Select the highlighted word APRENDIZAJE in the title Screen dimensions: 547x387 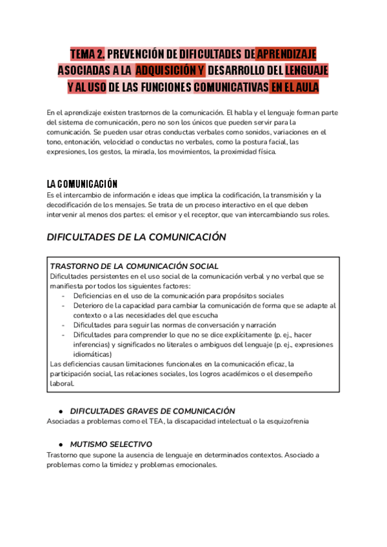(286, 54)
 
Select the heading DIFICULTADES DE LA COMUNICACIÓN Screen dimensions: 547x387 (137, 237)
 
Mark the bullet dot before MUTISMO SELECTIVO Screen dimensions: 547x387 (60, 444)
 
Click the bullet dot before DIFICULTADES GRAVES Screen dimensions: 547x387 (60, 411)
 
